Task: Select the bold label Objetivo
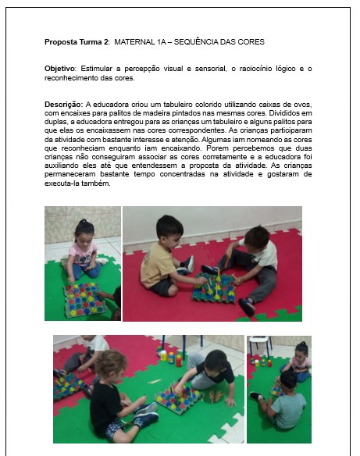click(60, 69)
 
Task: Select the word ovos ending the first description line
click(301, 104)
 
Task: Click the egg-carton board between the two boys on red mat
click(214, 289)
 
